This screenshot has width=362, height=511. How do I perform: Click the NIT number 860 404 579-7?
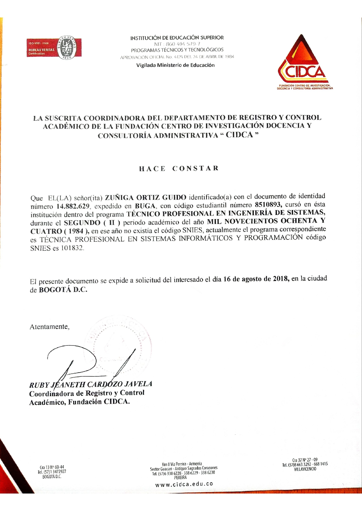coord(177,44)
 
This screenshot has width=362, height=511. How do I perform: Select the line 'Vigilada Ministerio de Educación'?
coord(175,65)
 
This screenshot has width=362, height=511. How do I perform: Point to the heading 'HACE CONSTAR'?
coord(179,169)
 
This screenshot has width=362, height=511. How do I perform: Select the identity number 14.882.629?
coord(73,207)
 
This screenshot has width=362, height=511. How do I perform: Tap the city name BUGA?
coord(145,206)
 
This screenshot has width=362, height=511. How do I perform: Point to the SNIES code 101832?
coord(72,249)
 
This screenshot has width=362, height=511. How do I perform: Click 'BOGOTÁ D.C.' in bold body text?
coord(63,290)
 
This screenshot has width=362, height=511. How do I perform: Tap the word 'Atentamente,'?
coord(50,327)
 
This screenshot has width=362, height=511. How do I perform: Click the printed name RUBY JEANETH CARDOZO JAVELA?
coord(91,384)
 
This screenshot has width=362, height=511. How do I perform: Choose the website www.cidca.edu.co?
coord(184,484)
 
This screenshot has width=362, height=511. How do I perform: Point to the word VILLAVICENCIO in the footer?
coord(305,469)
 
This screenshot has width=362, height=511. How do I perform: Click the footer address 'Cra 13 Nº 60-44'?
coord(52,467)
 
